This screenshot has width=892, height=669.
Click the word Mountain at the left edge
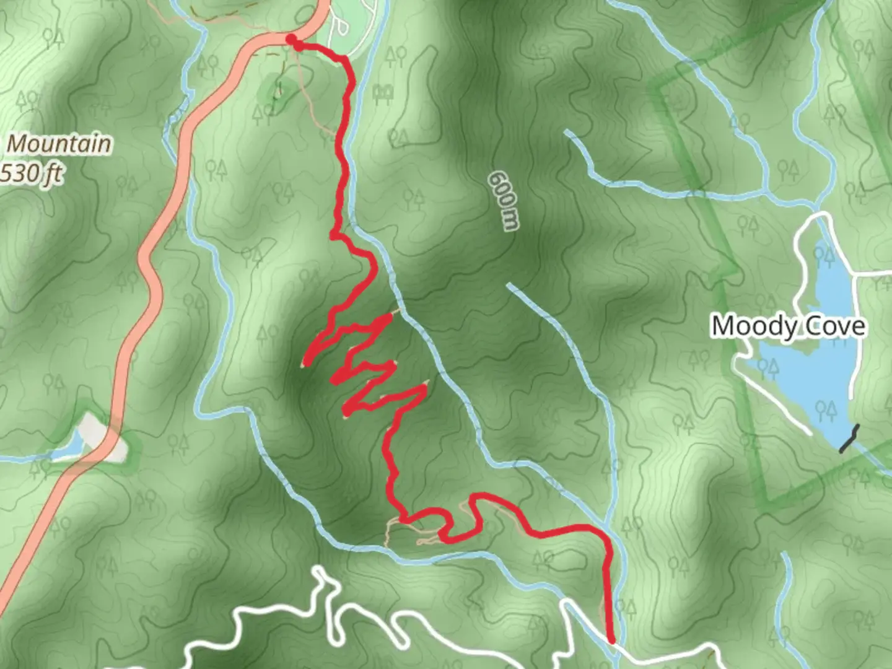pyautogui.click(x=59, y=144)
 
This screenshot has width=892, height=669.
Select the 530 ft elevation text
pyautogui.click(x=31, y=173)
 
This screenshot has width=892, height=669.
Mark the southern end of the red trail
pyautogui.click(x=611, y=641)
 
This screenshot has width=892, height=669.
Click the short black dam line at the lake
pyautogui.click(x=850, y=438)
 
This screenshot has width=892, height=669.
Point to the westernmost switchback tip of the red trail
pyautogui.click(x=305, y=364)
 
